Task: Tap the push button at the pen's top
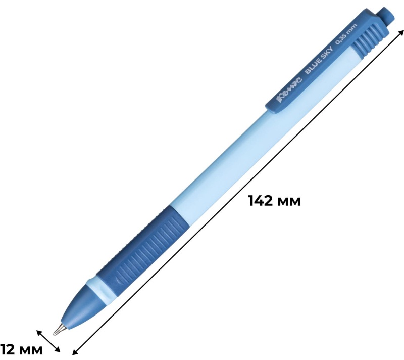tap(385, 17)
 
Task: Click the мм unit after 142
tap(290, 202)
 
